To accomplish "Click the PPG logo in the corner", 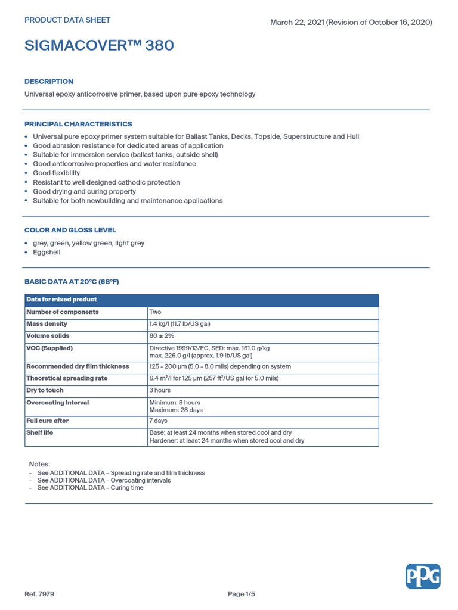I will [x=423, y=577].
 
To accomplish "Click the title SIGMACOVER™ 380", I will [x=99, y=45].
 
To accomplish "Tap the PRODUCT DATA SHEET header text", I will [x=67, y=20].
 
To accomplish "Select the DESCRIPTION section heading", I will [x=49, y=82].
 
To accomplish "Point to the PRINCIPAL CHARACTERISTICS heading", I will [x=78, y=124].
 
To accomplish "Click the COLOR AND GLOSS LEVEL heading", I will [x=70, y=230].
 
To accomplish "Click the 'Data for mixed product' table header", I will [x=61, y=300].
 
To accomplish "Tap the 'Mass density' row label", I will [x=47, y=324].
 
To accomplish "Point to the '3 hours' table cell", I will [x=160, y=390].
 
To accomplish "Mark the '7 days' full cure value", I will [x=158, y=421].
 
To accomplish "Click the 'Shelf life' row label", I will [x=40, y=432].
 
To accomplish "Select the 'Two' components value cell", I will [x=155, y=312].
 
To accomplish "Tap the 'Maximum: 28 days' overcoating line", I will [x=176, y=410].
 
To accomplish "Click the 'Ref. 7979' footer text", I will [x=39, y=594].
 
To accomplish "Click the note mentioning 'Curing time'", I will [x=90, y=487].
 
